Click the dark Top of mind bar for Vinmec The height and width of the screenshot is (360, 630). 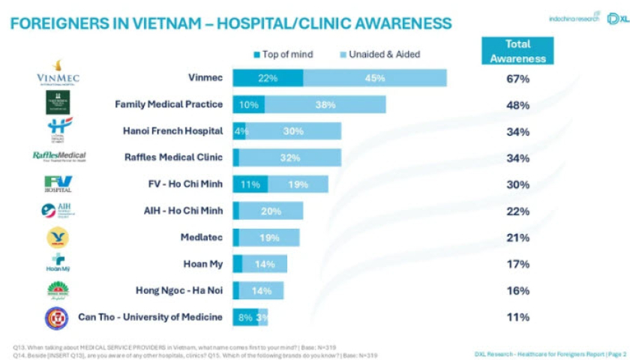pos(268,78)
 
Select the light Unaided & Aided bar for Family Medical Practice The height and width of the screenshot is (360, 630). pos(325,105)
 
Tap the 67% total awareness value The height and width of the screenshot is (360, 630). pos(517,79)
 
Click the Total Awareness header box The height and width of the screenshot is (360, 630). pos(517,51)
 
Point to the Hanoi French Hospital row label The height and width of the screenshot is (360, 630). pos(172,131)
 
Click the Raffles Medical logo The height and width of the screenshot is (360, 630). pos(59,157)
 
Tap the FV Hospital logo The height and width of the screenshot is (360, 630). pos(58,184)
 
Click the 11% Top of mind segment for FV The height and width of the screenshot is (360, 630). pos(250,184)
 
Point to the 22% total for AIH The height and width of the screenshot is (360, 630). pos(517,211)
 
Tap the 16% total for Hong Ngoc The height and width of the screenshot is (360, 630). pos(517,290)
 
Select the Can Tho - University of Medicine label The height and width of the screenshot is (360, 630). pos(150,316)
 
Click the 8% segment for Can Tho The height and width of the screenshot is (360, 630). pos(245,317)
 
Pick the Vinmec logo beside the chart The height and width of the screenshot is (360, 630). pos(58,73)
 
